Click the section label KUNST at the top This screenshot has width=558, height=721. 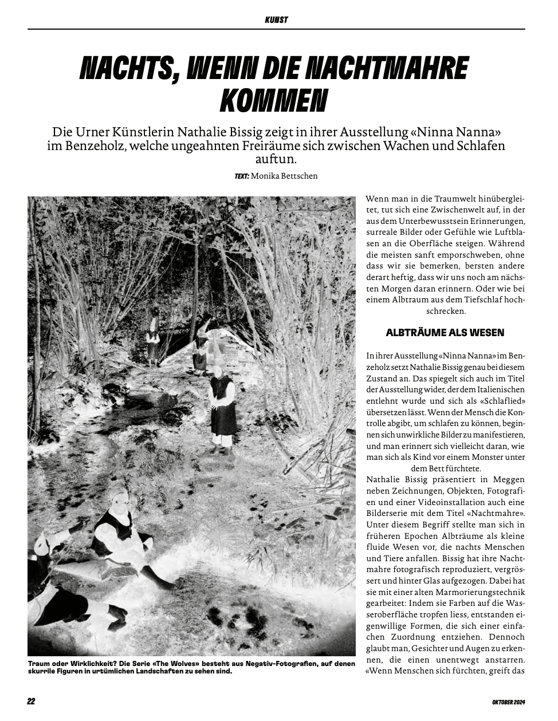pos(276,20)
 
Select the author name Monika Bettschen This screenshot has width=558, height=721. pos(284,176)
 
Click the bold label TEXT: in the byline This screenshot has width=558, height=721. pos(241,176)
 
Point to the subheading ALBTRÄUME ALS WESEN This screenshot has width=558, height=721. pos(445,333)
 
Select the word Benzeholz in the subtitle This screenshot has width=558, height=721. pos(92,145)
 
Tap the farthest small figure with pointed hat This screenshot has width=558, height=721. pos(152,341)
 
